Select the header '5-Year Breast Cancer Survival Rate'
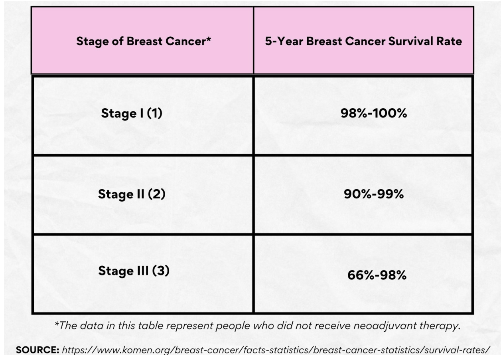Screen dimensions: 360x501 click(363, 42)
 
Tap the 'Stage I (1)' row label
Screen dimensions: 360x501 click(132, 114)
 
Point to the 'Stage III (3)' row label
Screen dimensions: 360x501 click(134, 271)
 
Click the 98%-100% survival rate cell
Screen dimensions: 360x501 click(373, 114)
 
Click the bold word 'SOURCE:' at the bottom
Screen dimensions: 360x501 click(37, 350)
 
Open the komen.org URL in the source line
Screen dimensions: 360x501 click(276, 350)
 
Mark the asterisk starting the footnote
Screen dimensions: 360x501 click(56, 324)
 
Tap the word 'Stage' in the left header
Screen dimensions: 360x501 click(88, 42)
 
